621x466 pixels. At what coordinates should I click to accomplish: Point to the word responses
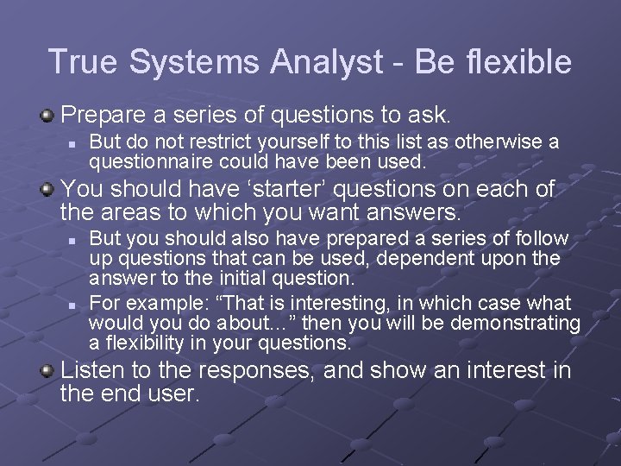tap(231, 371)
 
